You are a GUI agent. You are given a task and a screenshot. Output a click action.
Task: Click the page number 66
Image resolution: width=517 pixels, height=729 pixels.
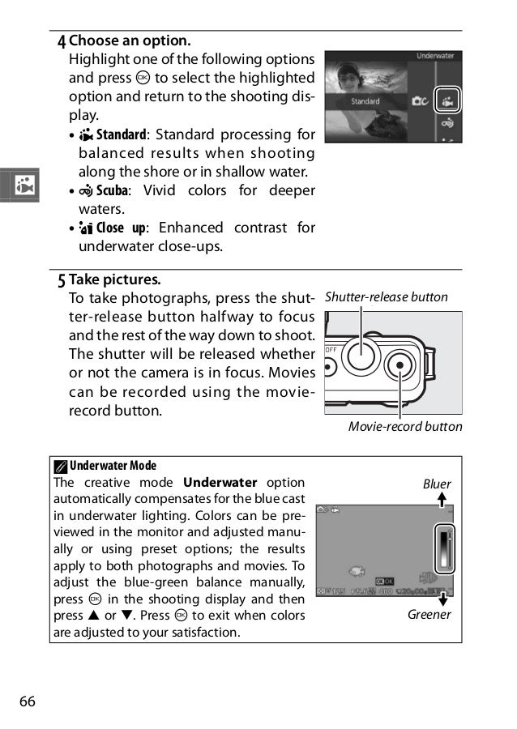coord(27,701)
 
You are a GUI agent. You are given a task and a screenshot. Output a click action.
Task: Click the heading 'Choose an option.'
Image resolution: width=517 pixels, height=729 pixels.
coord(130,40)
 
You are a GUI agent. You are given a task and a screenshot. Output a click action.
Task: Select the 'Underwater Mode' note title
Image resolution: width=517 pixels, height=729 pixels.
coord(113,466)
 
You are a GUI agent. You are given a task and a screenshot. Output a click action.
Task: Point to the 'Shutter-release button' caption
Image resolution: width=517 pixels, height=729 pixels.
coord(386,297)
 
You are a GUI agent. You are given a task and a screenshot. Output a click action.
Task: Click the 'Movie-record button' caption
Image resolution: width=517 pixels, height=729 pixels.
coord(405,427)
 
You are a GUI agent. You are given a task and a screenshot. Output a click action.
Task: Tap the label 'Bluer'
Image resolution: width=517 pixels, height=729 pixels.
coord(437,484)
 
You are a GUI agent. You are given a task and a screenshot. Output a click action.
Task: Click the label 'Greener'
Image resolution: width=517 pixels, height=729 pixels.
coord(429,615)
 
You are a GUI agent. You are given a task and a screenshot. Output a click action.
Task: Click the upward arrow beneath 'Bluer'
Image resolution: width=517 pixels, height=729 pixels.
coord(442,501)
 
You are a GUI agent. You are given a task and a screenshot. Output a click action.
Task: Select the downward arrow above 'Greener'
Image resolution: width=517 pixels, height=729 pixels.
coord(442,599)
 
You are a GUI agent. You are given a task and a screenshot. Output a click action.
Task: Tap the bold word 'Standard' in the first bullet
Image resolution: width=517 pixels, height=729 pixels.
coord(122,134)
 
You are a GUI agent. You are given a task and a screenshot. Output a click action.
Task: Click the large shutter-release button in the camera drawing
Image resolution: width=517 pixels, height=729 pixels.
coord(359,352)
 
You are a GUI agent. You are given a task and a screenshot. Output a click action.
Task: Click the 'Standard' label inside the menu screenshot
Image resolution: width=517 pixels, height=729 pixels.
coord(365,102)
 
